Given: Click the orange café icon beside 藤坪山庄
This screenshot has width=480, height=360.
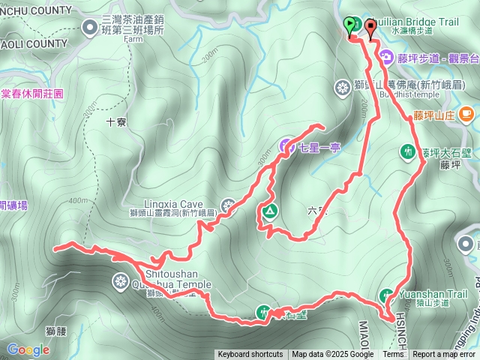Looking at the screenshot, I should click(x=466, y=114).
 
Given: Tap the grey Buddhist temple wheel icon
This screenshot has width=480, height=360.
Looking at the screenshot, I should click(x=342, y=88).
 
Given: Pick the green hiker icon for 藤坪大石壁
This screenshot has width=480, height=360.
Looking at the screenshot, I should click(x=407, y=152).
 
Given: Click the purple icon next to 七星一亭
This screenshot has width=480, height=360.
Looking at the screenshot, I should click(x=288, y=145).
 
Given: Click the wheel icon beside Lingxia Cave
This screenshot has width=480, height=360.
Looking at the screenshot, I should click(x=229, y=205).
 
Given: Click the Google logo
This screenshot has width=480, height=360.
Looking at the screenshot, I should click(x=28, y=349).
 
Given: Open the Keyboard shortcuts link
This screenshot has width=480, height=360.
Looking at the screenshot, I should click(x=250, y=355).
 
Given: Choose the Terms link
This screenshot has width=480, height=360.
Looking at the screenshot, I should click(x=393, y=355).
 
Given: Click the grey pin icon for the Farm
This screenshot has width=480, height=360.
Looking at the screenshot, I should click(x=91, y=28).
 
